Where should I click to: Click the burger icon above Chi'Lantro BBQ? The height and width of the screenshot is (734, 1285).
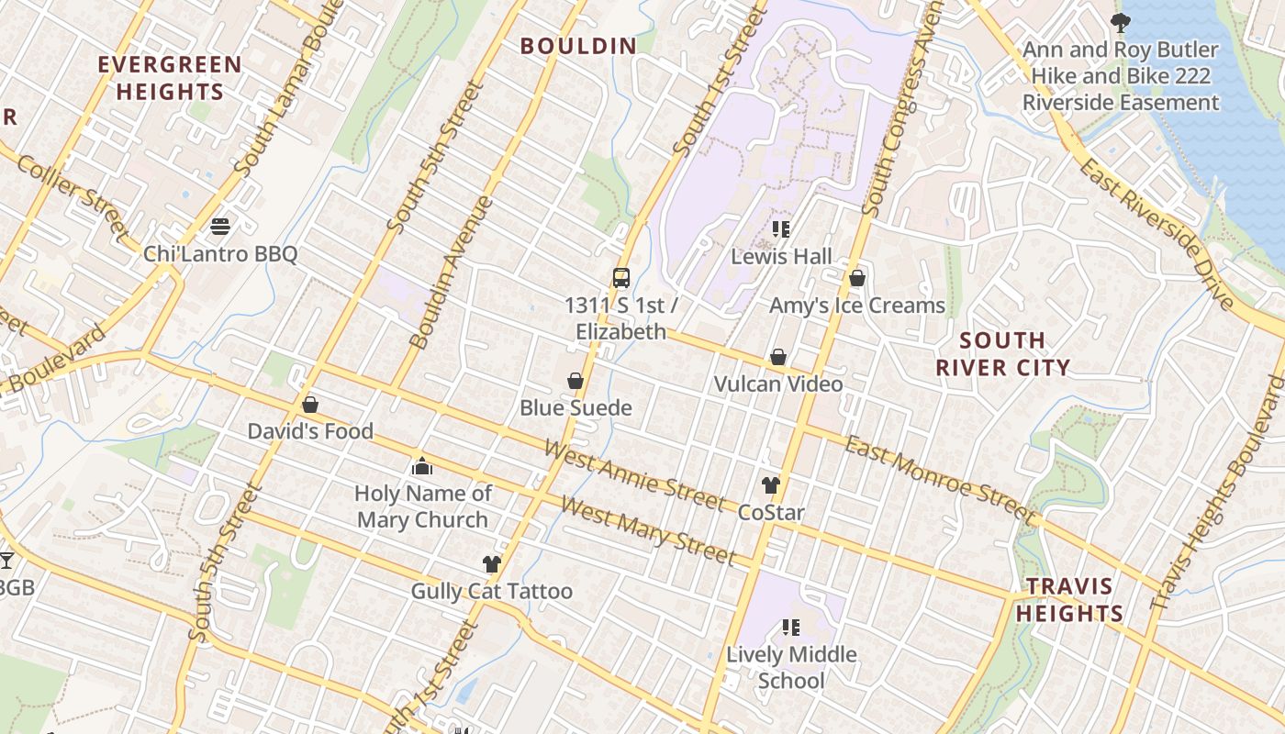pos(219,226)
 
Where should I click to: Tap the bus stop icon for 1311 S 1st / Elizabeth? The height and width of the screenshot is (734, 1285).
pos(621,277)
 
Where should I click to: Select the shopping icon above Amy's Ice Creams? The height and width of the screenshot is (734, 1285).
pos(857,278)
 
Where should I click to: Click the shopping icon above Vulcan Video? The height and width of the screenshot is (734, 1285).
pos(778,357)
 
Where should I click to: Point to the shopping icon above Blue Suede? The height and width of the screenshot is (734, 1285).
pos(575,381)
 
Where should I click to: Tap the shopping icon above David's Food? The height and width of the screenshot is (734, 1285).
pos(310,405)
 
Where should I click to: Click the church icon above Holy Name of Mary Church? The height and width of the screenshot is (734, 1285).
pos(422,466)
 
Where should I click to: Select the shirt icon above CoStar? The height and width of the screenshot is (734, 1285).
pos(770,485)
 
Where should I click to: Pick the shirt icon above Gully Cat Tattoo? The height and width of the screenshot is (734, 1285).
pos(492,564)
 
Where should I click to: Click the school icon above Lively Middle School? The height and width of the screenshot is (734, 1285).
pos(791,628)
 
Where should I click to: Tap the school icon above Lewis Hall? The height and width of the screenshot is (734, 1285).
pos(781,229)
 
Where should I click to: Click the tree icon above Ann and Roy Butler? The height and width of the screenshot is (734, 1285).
pos(1120,22)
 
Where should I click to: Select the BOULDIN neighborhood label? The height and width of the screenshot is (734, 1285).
pos(578,46)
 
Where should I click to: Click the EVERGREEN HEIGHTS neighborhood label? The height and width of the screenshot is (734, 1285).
pos(170,78)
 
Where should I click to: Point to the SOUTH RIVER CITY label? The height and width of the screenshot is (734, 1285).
pos(1002,354)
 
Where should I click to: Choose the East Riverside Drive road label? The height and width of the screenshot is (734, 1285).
pos(1156,234)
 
